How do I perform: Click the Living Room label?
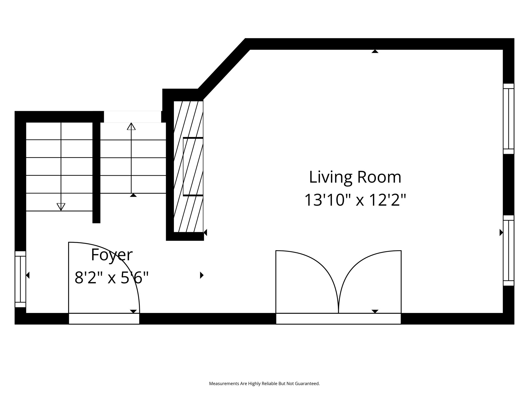(355, 177)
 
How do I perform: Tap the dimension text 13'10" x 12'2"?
(355, 200)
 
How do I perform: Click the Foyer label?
(112, 255)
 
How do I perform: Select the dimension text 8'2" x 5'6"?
(112, 278)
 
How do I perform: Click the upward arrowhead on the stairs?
(131, 126)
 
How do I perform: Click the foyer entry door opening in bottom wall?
(104, 318)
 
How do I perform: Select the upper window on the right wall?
(509, 119)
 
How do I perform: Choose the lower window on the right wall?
(509, 250)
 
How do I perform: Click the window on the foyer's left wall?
(20, 279)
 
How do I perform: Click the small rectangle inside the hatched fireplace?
(193, 167)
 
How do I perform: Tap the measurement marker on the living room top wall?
(375, 51)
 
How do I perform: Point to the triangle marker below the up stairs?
(133, 195)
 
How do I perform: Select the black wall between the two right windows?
(509, 185)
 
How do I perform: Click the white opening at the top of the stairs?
(133, 117)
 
